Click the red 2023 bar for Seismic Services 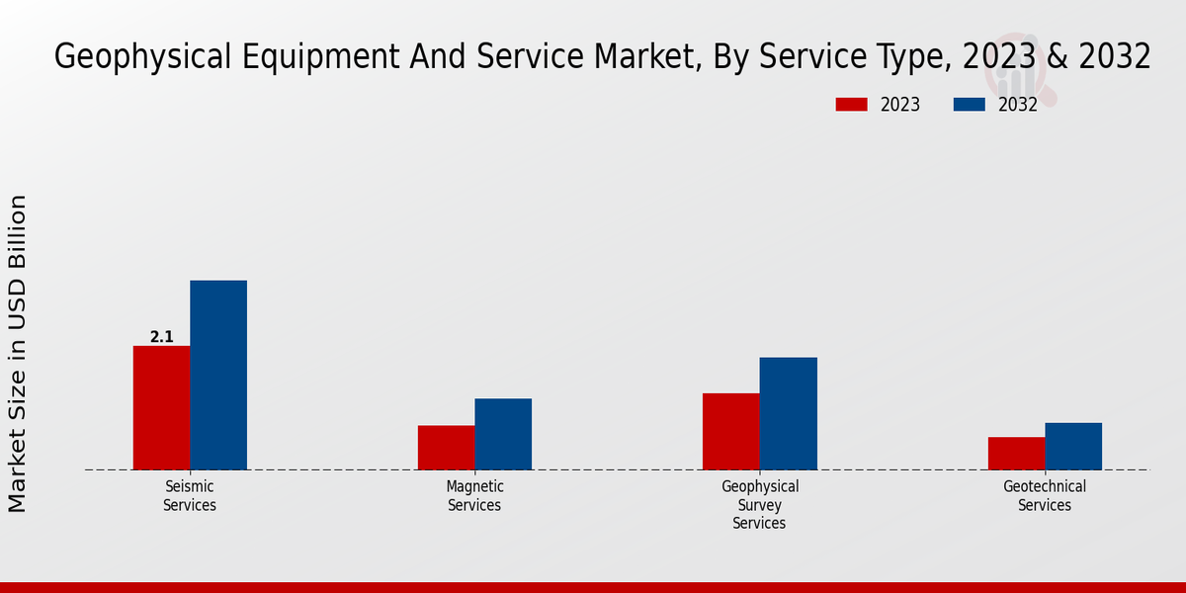(161, 407)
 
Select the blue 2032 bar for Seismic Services (218, 375)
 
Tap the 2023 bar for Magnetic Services (446, 447)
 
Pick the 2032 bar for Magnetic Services (503, 434)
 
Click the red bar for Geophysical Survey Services (731, 431)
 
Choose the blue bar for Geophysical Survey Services (789, 413)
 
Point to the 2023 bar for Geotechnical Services (1016, 453)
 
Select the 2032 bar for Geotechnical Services (1073, 446)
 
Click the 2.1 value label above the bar (161, 337)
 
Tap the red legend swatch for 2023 (851, 105)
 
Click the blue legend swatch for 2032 (969, 105)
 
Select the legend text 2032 (1018, 105)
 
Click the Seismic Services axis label (189, 495)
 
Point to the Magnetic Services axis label (474, 495)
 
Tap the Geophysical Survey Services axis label (759, 504)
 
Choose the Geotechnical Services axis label (1045, 495)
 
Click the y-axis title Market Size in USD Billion (18, 354)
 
